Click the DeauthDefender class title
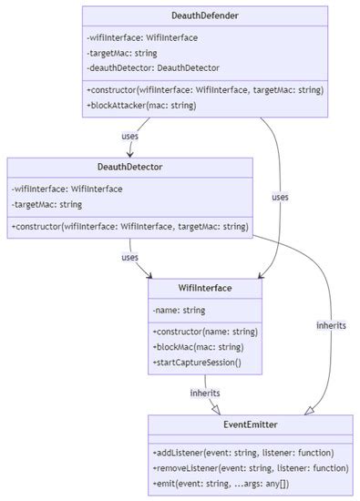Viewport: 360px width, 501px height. click(205, 15)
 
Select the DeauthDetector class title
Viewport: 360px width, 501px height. click(129, 167)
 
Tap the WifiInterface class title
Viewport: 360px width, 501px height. click(205, 288)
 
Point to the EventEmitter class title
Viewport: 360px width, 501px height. click(250, 424)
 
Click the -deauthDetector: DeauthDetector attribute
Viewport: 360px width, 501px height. click(153, 67)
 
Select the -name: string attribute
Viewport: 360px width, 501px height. click(180, 311)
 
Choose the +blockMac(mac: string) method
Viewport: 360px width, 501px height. click(197, 347)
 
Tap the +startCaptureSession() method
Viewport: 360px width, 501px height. click(197, 363)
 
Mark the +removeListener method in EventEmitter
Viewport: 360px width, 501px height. click(250, 467)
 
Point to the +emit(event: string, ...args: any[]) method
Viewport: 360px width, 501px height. click(221, 483)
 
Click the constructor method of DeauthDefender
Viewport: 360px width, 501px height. click(204, 89)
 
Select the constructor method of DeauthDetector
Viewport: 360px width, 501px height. click(129, 225)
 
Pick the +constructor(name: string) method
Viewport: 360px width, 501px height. click(205, 332)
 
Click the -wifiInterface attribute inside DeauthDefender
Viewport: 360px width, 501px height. click(141, 37)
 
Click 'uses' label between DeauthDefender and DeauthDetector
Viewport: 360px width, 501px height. click(130, 137)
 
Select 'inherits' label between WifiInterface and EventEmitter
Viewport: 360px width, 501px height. click(204, 393)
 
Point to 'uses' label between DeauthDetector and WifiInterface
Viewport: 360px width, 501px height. click(130, 257)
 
